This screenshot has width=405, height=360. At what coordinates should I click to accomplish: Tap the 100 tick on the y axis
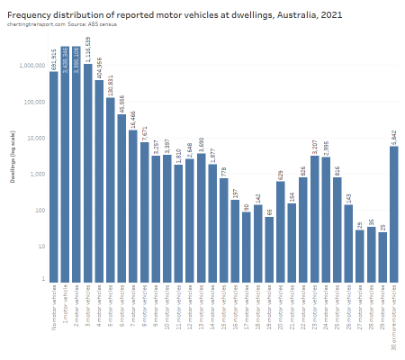[38, 210]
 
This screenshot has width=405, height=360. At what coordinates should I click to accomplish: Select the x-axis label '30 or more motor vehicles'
[393, 310]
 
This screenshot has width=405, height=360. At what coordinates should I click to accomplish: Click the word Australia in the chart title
[280, 15]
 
